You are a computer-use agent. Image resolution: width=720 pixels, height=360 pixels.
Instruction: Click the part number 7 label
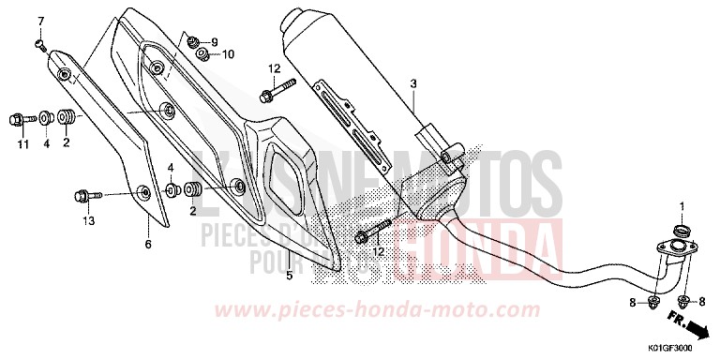[40, 21]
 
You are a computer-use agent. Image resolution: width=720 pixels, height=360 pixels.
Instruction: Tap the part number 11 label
[21, 143]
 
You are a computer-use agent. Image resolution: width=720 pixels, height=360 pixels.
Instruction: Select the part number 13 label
[89, 221]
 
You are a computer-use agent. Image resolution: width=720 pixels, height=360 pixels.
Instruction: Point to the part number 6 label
[147, 245]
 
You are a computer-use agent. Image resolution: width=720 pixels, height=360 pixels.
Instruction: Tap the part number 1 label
[682, 205]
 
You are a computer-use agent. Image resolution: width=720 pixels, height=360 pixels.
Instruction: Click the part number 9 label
[214, 42]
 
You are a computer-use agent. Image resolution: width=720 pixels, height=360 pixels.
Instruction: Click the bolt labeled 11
[18, 119]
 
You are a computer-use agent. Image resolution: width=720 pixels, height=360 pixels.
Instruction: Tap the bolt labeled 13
[81, 196]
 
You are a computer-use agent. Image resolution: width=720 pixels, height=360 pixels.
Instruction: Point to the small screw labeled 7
[37, 42]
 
